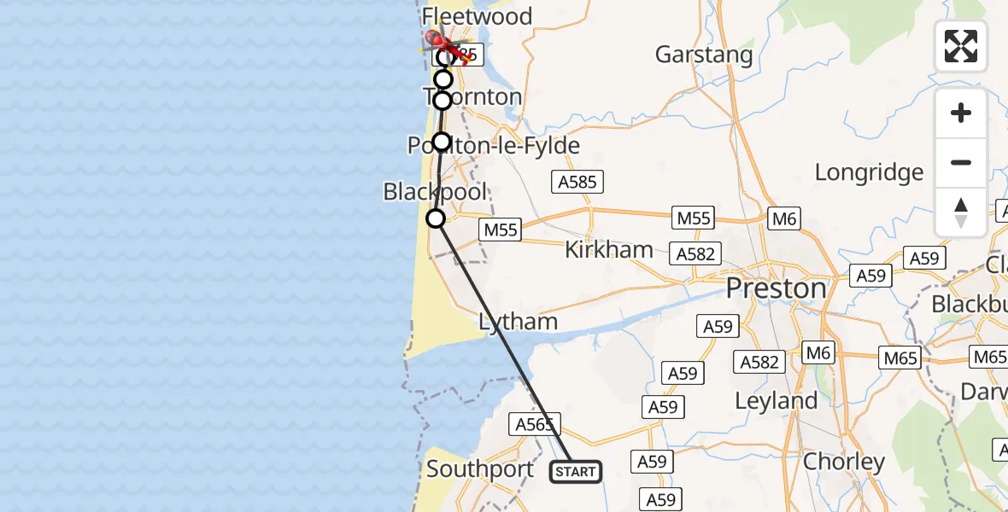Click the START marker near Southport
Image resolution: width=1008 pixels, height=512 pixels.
coord(576,471)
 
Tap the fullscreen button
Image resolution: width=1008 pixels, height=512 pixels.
coord(961,46)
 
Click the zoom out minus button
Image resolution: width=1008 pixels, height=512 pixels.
coord(961,162)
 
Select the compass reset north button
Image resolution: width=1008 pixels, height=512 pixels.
coord(961,212)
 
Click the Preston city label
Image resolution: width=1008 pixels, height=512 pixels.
coord(776,288)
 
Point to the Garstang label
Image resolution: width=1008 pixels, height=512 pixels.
coord(704,55)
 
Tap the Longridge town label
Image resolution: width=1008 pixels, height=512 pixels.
coord(869,172)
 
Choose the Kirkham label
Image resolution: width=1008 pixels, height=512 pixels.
coord(609,250)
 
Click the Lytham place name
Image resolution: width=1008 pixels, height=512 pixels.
coord(518,322)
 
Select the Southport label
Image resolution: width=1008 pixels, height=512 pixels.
coord(480,468)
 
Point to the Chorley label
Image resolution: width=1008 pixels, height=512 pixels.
coord(844,463)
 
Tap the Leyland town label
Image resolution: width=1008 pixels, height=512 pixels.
coord(776,400)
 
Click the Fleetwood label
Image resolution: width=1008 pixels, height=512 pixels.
coord(478,16)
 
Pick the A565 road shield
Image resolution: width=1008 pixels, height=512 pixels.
coord(536,424)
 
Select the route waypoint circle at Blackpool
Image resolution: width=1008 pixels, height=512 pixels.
coord(436,219)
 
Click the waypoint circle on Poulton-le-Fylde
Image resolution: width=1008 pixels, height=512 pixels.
coord(441,142)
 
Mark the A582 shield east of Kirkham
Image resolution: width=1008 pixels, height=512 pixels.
coord(695,253)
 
